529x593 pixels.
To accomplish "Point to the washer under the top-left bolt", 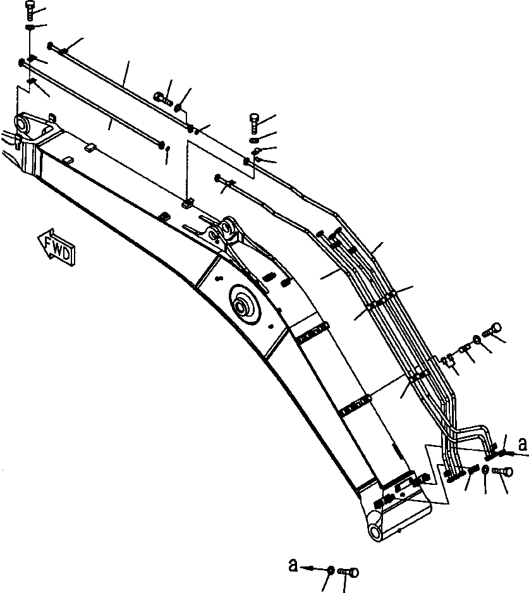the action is (x=30, y=28).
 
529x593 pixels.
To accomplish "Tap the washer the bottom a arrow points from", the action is (x=330, y=570).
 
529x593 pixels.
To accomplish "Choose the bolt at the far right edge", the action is (x=494, y=329).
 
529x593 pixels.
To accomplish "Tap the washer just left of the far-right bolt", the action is (x=477, y=341).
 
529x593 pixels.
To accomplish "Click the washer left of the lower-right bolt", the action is (x=485, y=469).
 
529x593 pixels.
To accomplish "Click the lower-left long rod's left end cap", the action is (x=21, y=62).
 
